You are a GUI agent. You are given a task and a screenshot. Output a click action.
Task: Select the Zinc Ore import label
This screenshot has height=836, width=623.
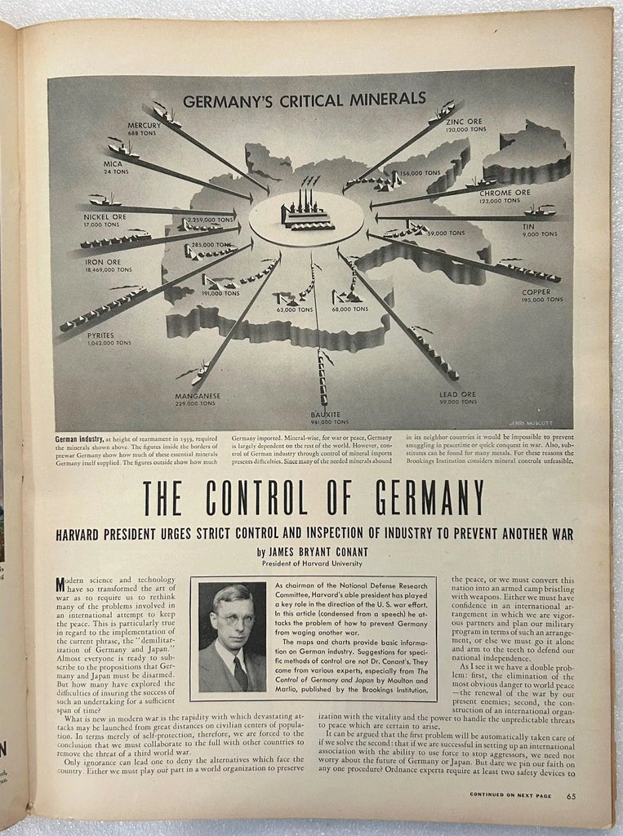pyautogui.click(x=465, y=126)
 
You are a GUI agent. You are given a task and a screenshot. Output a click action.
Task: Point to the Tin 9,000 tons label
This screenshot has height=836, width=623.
pyautogui.click(x=539, y=230)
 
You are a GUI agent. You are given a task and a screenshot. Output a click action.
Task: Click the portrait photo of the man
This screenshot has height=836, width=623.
pyautogui.click(x=232, y=638)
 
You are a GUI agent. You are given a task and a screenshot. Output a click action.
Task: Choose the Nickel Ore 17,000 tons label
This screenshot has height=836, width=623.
pyautogui.click(x=104, y=220)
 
